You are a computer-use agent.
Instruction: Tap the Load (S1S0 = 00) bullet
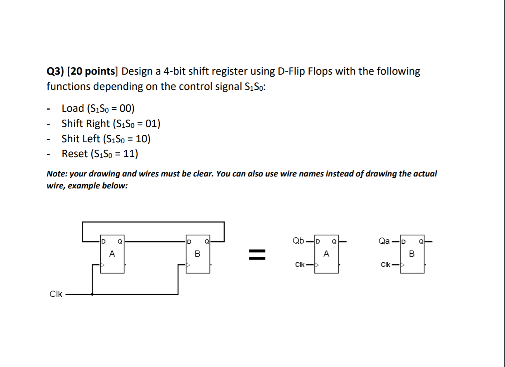click(98, 108)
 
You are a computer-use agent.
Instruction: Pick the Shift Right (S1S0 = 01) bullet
click(111, 124)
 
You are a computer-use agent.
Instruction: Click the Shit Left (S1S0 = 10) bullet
click(106, 139)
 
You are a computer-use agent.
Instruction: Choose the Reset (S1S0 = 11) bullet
click(100, 154)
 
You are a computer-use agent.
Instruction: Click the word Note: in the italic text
click(57, 174)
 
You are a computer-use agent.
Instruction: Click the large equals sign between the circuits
click(256, 254)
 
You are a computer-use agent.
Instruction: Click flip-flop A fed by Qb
click(326, 255)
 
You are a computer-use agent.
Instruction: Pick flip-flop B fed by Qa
click(412, 255)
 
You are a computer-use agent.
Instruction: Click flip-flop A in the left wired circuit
click(112, 255)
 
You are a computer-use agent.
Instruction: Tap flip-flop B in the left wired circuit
click(197, 255)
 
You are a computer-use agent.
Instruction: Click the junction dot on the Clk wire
click(92, 294)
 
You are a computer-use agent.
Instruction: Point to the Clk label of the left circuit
click(56, 294)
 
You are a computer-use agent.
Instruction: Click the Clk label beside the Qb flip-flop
click(301, 265)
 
